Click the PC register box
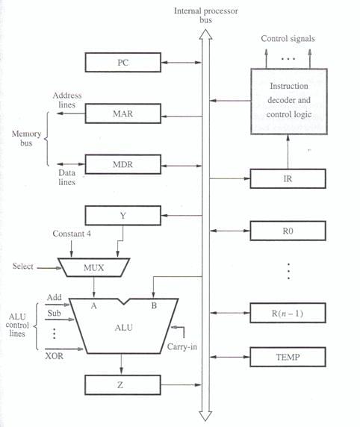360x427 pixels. [x=123, y=63]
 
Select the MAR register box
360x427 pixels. [x=123, y=113]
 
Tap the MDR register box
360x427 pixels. [x=123, y=164]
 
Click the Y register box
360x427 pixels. [x=123, y=216]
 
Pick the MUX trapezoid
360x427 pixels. [x=94, y=267]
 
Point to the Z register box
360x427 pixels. [x=122, y=384]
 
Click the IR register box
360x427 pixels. [x=288, y=178]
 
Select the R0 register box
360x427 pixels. [x=288, y=231]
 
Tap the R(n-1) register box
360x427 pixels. [x=288, y=313]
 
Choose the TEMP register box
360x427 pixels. [x=288, y=357]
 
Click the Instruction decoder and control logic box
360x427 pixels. [x=289, y=102]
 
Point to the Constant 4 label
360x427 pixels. [x=72, y=234]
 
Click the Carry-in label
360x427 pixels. [x=181, y=346]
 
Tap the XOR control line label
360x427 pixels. [x=54, y=356]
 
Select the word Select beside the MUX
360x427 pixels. [x=23, y=266]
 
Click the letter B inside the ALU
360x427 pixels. [x=154, y=305]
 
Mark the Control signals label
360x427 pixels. [x=288, y=39]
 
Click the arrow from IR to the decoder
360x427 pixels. [x=288, y=152]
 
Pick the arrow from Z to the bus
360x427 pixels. [x=181, y=384]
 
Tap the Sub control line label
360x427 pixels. [x=54, y=314]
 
